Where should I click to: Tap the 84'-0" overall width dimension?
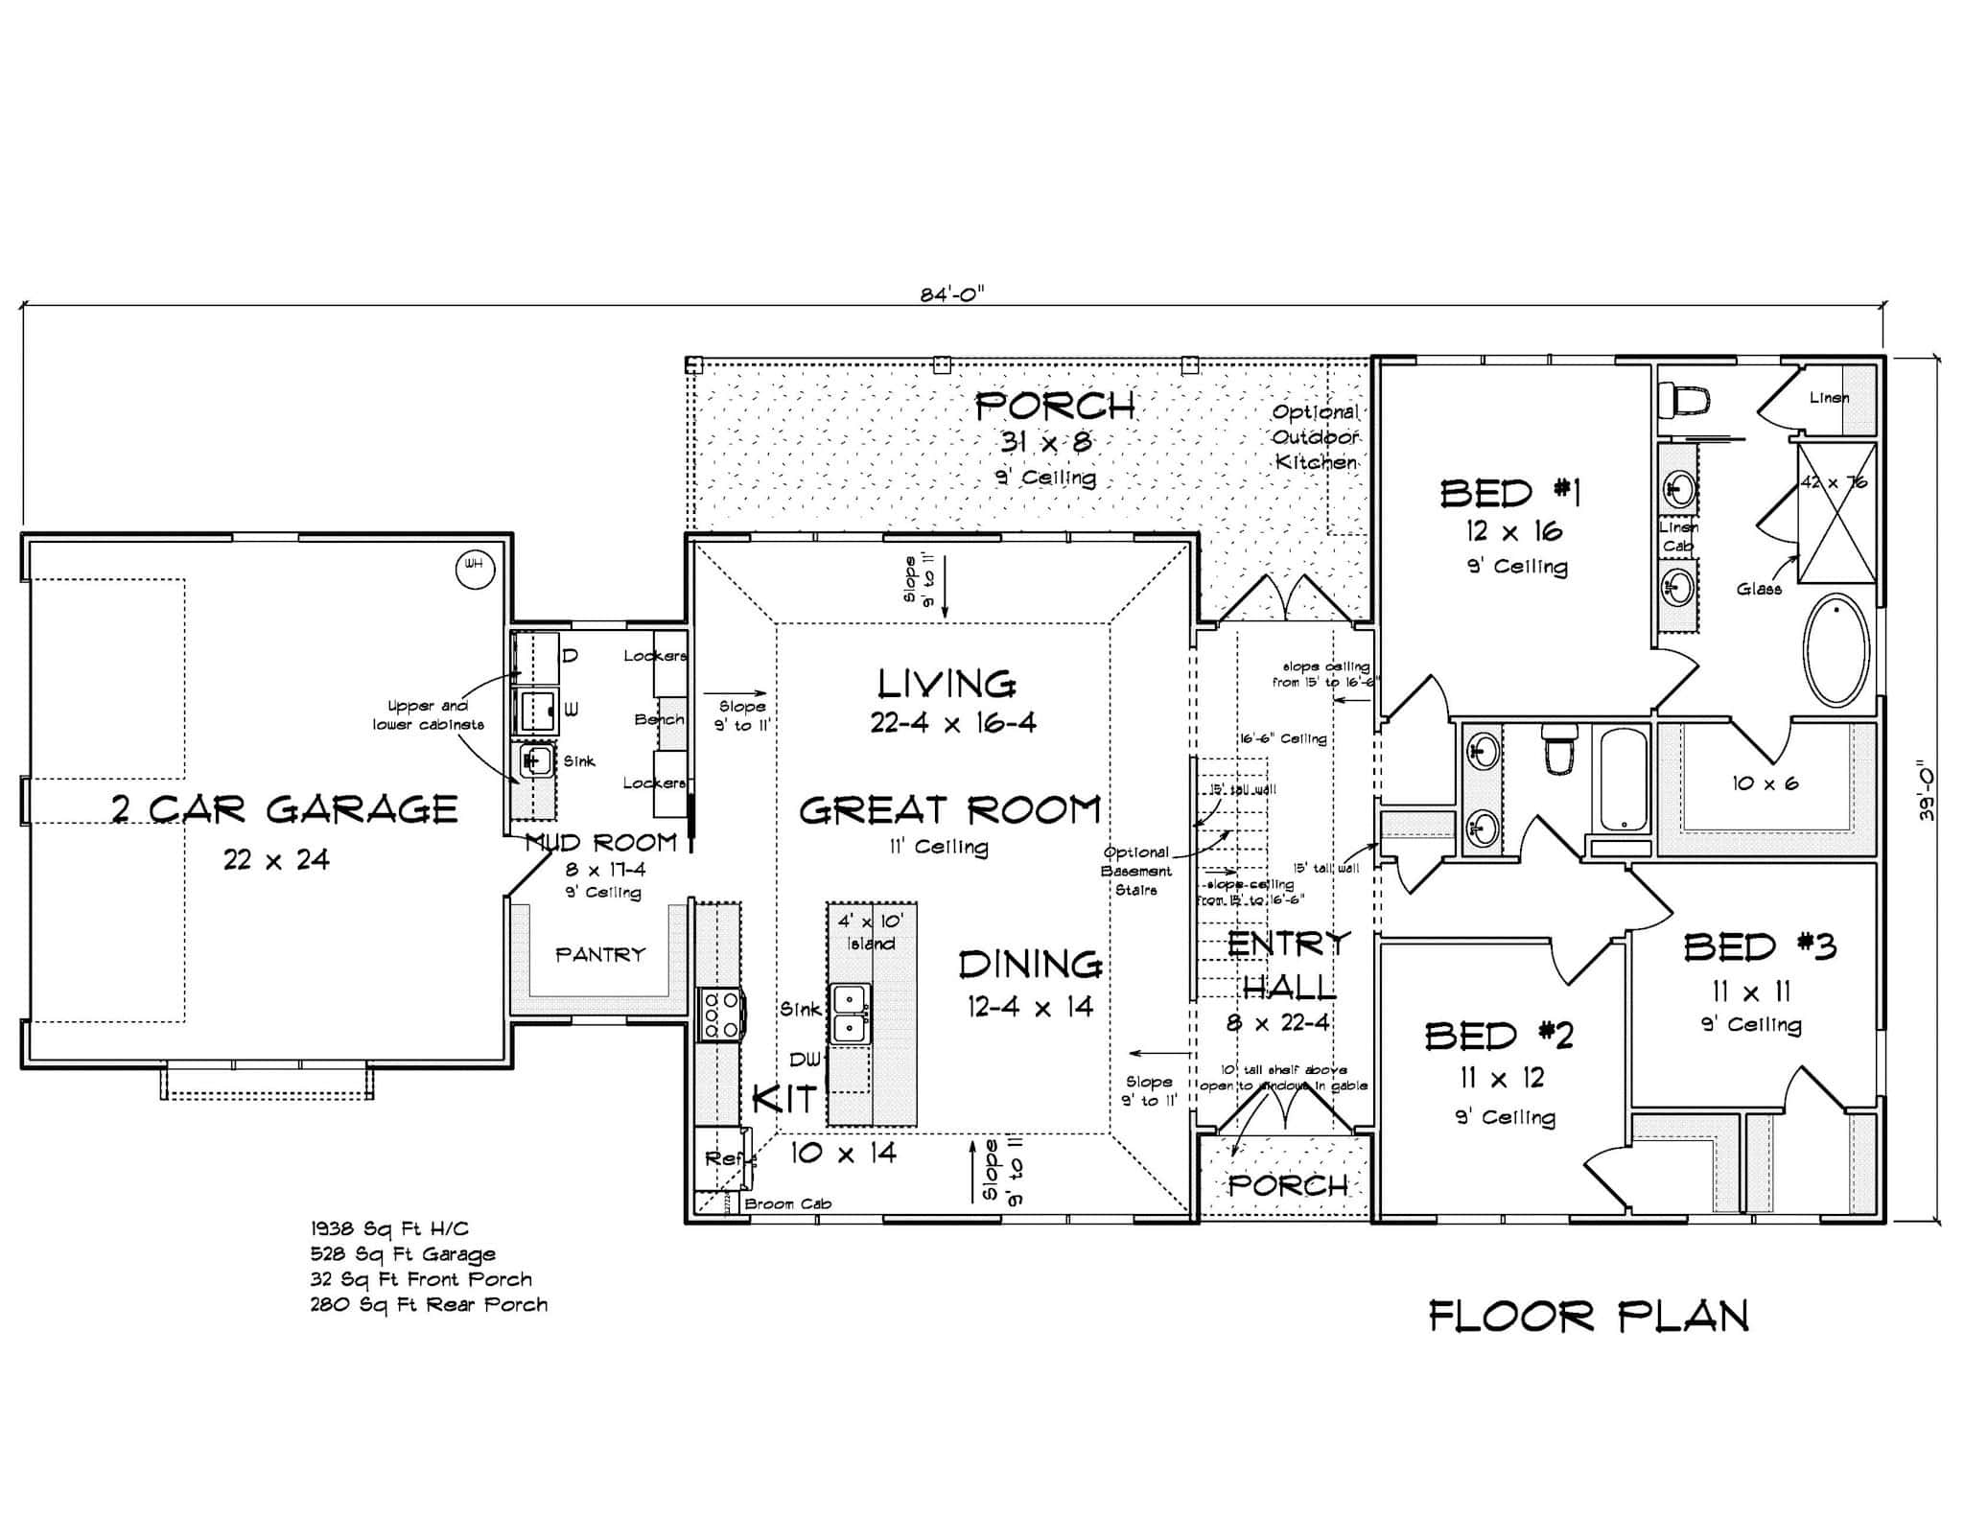952,295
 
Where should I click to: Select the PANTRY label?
600,954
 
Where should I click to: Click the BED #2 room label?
1498,1036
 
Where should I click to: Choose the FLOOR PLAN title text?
1588,1317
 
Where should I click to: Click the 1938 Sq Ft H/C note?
389,1228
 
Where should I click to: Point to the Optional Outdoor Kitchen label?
1316,436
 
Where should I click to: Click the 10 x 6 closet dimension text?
1765,783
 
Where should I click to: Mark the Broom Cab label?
787,1203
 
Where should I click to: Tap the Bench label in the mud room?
660,719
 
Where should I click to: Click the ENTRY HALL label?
1288,965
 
